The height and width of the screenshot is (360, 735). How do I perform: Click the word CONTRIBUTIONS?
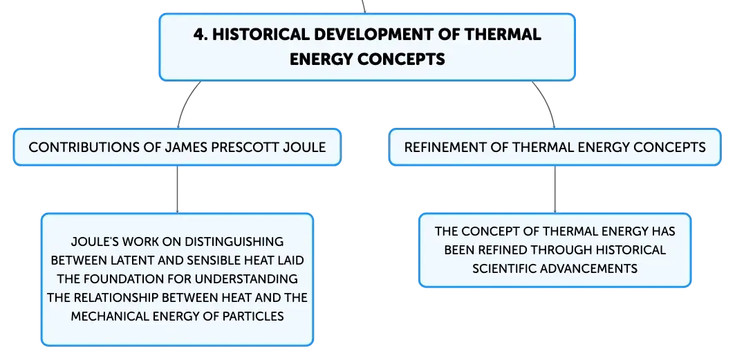84,147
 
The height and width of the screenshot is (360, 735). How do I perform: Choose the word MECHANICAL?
111,316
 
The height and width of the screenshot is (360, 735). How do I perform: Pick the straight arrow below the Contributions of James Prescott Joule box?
177,189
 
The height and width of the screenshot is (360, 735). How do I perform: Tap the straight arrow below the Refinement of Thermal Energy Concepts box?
555,189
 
